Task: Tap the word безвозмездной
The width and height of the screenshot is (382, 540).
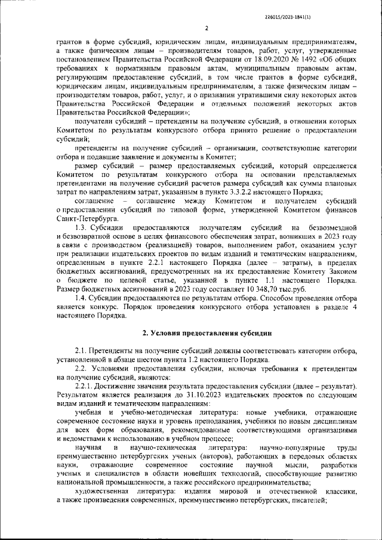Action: pos(332,228)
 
